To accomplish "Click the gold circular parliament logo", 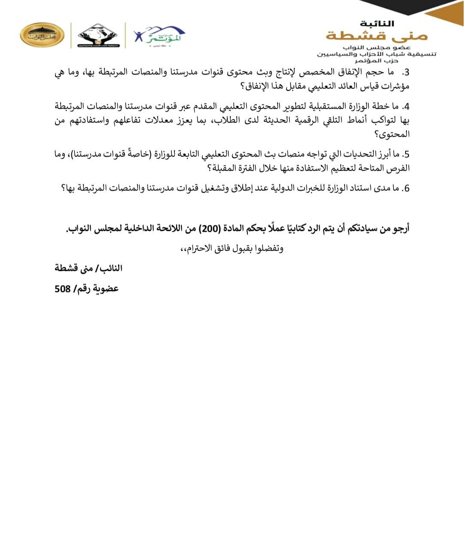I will [42, 35].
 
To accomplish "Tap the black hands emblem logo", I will [99, 35].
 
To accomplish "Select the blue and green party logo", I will [159, 35].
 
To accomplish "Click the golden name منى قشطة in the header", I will [377, 35].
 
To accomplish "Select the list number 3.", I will [406, 72].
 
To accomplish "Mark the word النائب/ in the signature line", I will [111, 268].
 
